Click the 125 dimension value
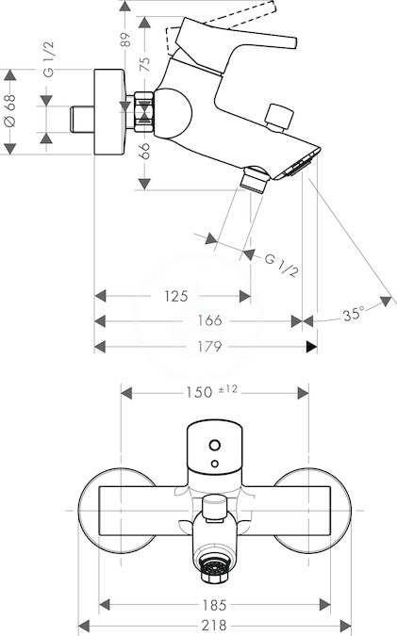pyautogui.click(x=176, y=296)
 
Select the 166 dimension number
pyautogui.click(x=209, y=320)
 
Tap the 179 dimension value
pyautogui.click(x=209, y=347)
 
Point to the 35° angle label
pyautogui.click(x=354, y=314)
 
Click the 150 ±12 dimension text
pyautogui.click(x=211, y=391)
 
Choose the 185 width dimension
pyautogui.click(x=214, y=605)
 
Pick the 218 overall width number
pyautogui.click(x=214, y=625)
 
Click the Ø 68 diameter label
pyautogui.click(x=10, y=111)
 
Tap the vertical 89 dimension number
pyautogui.click(x=125, y=40)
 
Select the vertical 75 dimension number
pyautogui.click(x=144, y=64)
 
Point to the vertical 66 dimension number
pyautogui.click(x=144, y=151)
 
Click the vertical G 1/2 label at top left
pyautogui.click(x=48, y=59)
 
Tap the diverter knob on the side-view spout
pyautogui.click(x=279, y=118)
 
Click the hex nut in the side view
pyautogui.click(x=143, y=112)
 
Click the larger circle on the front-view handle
pyautogui.click(x=215, y=445)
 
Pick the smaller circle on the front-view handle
pyautogui.click(x=215, y=464)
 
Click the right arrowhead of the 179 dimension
pyautogui.click(x=312, y=347)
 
